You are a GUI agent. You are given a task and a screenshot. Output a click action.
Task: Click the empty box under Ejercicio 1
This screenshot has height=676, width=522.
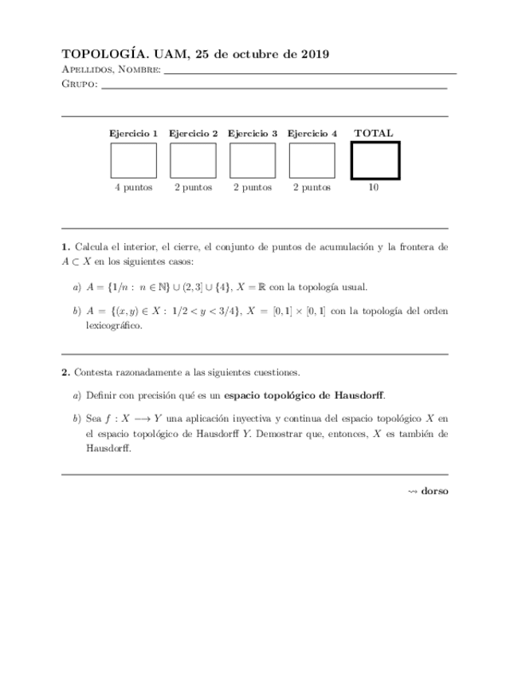tap(133, 160)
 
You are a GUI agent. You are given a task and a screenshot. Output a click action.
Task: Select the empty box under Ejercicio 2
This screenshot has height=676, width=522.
tap(193, 160)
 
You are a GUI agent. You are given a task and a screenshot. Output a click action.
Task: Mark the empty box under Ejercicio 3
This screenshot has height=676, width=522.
tap(253, 160)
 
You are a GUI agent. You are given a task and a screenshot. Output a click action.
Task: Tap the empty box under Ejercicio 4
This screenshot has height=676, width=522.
tap(312, 160)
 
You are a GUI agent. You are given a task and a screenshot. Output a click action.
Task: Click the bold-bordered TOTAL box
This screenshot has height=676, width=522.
tap(375, 160)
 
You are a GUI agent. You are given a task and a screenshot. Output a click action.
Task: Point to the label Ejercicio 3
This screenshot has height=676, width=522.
tap(253, 134)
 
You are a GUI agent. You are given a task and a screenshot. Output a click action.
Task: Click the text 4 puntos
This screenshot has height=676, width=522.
tap(133, 187)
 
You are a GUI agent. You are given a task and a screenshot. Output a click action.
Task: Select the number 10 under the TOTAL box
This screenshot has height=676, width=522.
tap(374, 187)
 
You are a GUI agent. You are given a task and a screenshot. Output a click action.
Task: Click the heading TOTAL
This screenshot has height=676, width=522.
tap(374, 133)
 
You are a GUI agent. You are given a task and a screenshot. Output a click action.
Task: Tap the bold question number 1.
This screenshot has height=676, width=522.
tap(65, 247)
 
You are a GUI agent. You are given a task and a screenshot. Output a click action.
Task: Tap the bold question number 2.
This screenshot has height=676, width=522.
tap(65, 372)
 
